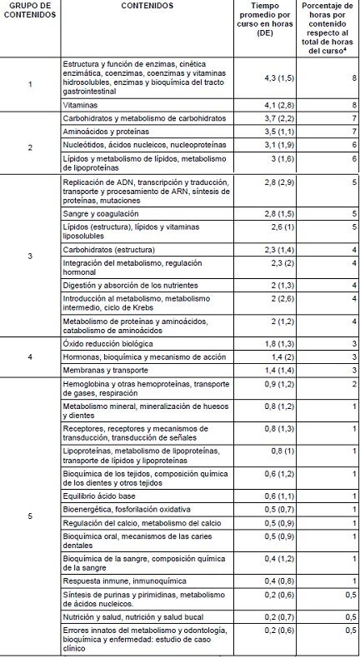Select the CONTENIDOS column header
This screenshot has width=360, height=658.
[147, 5]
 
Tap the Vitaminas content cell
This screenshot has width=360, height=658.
[82, 106]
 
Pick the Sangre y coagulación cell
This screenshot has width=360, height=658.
[100, 213]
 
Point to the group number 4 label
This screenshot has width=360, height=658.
[31, 356]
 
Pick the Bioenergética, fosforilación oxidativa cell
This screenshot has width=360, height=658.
[127, 509]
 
